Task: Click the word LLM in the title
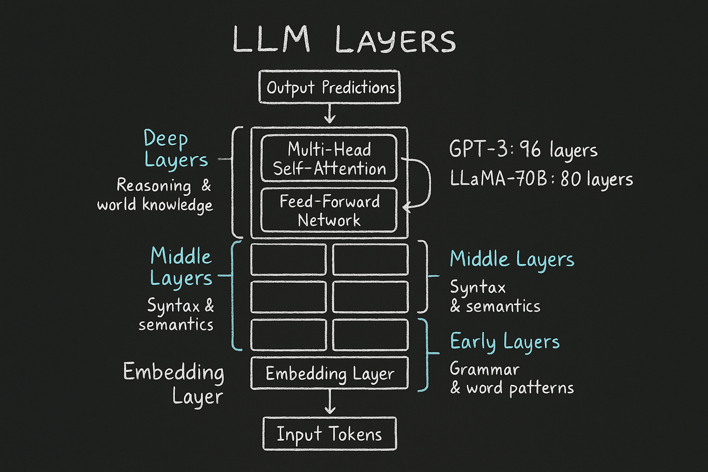pyautogui.click(x=271, y=40)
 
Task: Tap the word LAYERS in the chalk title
pyautogui.click(x=395, y=41)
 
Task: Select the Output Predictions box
pyautogui.click(x=330, y=87)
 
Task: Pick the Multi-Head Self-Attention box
pyautogui.click(x=329, y=159)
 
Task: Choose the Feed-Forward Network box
pyautogui.click(x=329, y=211)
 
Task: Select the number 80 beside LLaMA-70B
pyautogui.click(x=571, y=179)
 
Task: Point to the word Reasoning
pyautogui.click(x=153, y=185)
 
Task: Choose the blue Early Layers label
pyautogui.click(x=505, y=342)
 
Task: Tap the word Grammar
pyautogui.click(x=484, y=369)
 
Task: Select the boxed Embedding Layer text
pyautogui.click(x=330, y=374)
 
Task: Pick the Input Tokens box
pyautogui.click(x=330, y=434)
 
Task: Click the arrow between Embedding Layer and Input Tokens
pyautogui.click(x=330, y=402)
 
